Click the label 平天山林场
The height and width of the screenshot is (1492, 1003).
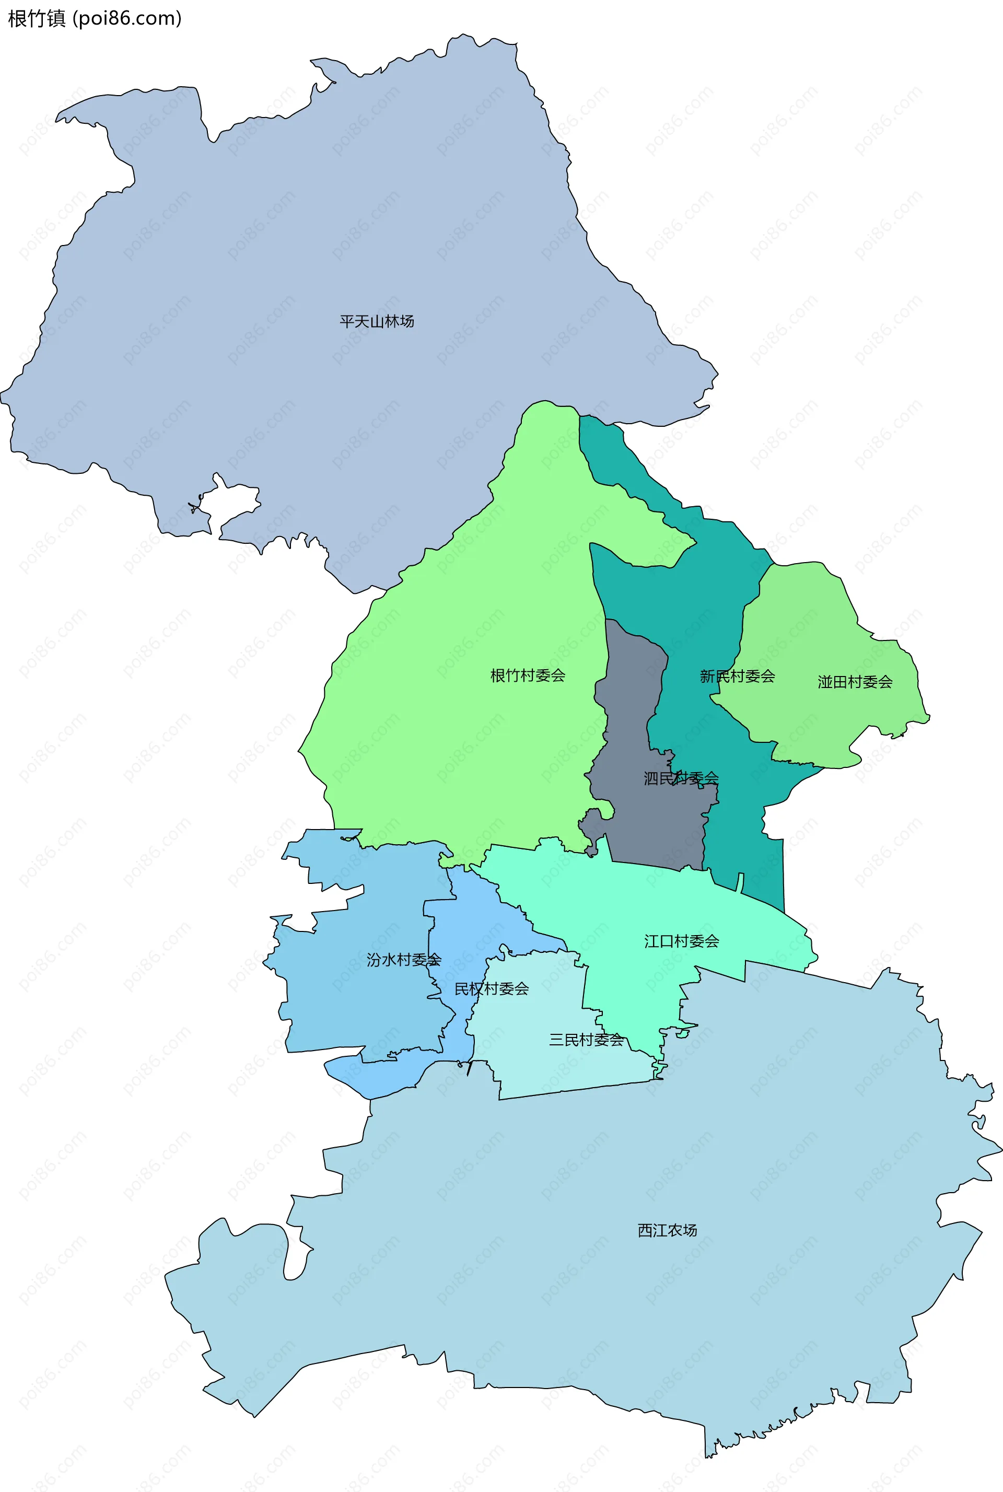click(x=377, y=321)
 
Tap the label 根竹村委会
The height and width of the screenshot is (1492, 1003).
click(x=528, y=675)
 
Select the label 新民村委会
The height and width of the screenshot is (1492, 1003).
click(x=737, y=676)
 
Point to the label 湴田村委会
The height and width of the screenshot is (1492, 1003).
click(x=855, y=682)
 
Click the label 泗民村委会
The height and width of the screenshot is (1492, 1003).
click(x=681, y=778)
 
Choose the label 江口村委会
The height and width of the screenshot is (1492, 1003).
click(x=681, y=941)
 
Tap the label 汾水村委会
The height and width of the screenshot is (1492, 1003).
click(x=404, y=959)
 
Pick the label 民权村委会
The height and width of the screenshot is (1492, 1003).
click(x=491, y=989)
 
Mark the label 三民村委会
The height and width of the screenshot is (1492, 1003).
click(x=586, y=1039)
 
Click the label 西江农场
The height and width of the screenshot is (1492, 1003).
click(x=667, y=1230)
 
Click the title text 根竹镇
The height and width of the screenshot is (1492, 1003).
click(x=37, y=19)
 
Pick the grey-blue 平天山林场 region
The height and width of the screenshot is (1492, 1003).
click(x=320, y=224)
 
